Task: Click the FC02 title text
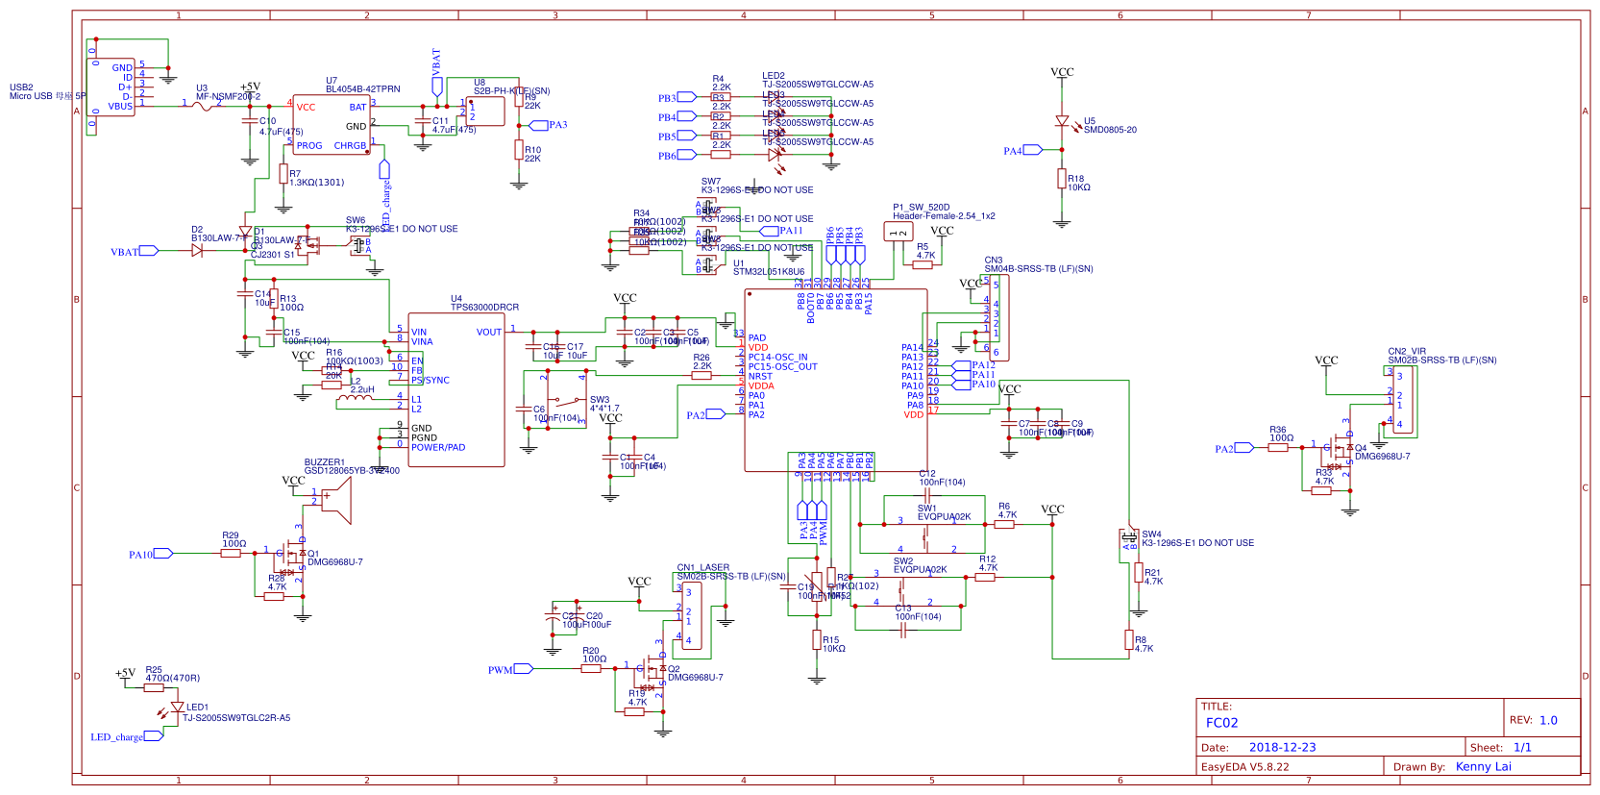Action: (x=1221, y=723)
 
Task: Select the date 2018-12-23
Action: (x=1282, y=747)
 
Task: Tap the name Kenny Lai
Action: (x=1483, y=766)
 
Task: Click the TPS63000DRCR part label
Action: (x=484, y=308)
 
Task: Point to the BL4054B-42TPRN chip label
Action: (x=362, y=89)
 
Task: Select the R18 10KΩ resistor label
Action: (x=1078, y=183)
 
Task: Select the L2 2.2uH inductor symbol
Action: (x=356, y=398)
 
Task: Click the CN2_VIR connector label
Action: (x=1407, y=352)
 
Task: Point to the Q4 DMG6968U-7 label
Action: (x=1382, y=452)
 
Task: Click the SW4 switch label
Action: (x=1151, y=534)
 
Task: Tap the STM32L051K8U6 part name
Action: (x=768, y=272)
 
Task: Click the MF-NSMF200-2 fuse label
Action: (x=228, y=97)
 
